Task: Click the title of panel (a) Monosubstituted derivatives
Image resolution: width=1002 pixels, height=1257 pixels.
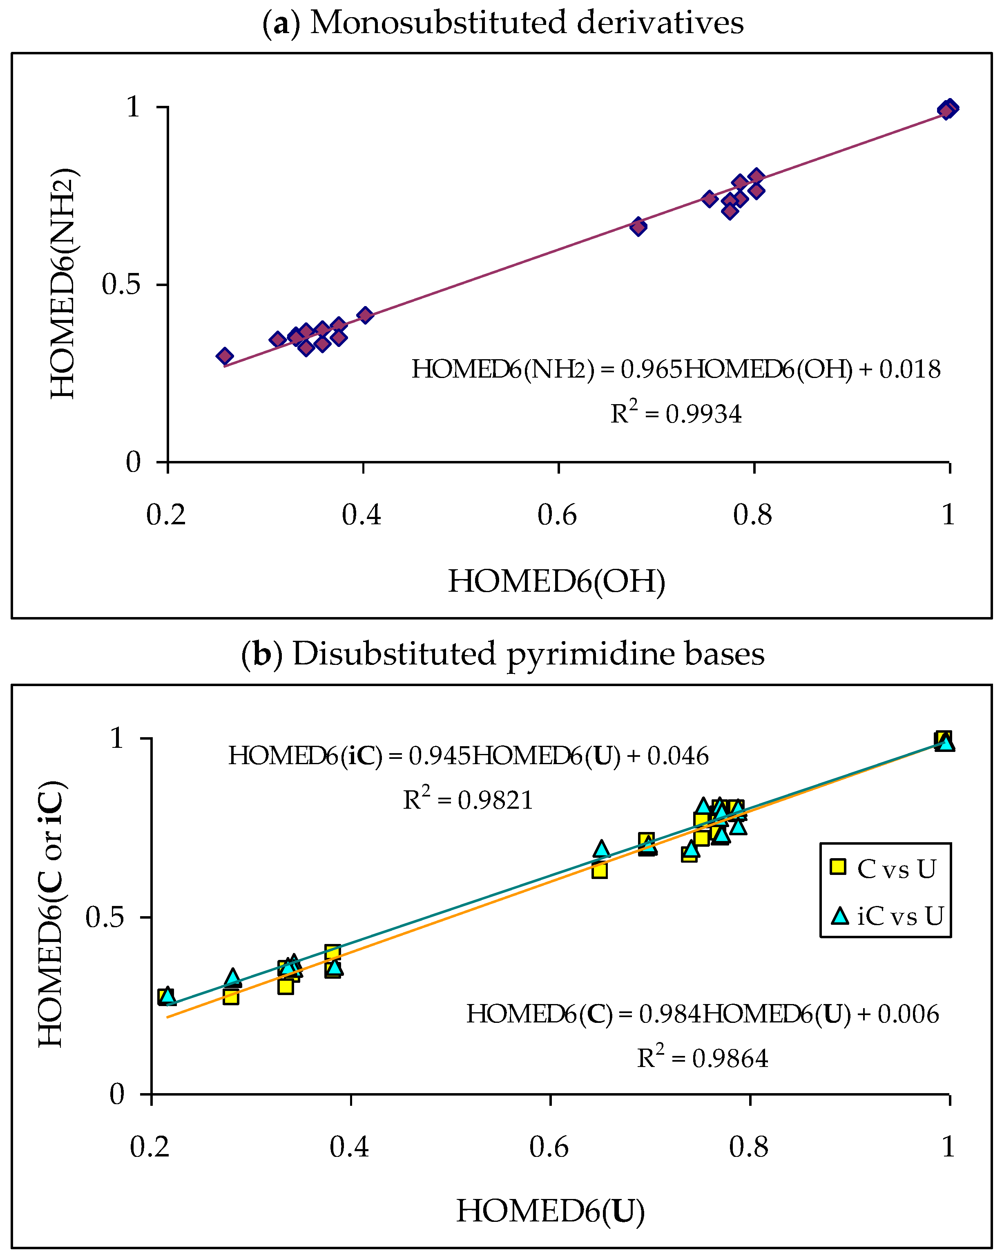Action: [502, 23]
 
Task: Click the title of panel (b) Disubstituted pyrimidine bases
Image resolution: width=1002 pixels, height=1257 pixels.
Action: [502, 653]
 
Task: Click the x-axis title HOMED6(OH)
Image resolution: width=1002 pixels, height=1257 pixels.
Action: [557, 581]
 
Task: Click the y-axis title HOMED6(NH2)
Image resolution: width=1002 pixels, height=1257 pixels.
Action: [63, 284]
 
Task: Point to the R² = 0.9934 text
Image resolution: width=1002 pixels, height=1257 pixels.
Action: [676, 414]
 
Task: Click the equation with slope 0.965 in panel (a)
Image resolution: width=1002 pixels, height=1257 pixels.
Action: [676, 369]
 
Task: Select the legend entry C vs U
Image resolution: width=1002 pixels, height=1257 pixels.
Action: [885, 869]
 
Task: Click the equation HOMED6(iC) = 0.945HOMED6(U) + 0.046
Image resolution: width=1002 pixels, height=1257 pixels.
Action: [468, 756]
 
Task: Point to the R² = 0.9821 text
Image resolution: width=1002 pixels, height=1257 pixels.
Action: [468, 799]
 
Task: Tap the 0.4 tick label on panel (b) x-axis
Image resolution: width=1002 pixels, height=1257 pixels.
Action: [349, 1147]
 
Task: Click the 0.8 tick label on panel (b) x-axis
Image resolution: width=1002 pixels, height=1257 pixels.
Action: [748, 1147]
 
